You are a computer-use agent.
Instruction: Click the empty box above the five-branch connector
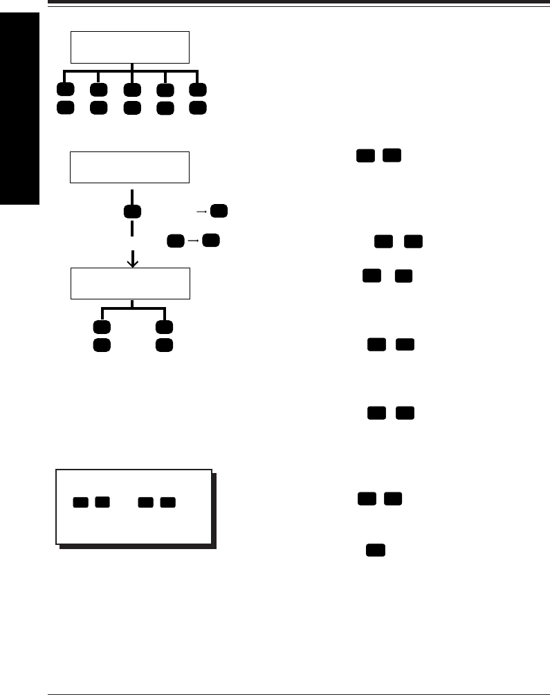click(130, 47)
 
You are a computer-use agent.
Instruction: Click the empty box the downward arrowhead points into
click(130, 284)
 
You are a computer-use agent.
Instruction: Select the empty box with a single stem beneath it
click(130, 167)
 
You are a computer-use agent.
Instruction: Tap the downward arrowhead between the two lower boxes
click(133, 262)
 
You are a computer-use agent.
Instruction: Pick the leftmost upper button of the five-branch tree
click(65, 90)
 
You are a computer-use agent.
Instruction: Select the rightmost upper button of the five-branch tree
click(198, 90)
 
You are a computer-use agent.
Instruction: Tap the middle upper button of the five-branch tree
click(131, 90)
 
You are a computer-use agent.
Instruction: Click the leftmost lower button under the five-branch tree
click(65, 108)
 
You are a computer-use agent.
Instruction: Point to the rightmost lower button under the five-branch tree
click(198, 108)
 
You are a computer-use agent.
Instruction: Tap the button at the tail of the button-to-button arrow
click(175, 241)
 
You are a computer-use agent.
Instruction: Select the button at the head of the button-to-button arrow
click(212, 241)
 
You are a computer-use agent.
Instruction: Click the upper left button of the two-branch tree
click(101, 326)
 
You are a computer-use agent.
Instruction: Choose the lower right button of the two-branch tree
click(164, 344)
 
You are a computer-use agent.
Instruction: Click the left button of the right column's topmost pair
click(365, 156)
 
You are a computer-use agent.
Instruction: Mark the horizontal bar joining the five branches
click(131, 71)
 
